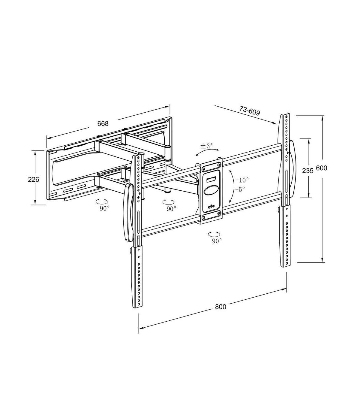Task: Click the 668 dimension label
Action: (103, 124)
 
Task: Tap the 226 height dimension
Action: (33, 179)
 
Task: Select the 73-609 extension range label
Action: (250, 111)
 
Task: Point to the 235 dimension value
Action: (308, 171)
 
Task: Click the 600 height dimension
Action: (322, 168)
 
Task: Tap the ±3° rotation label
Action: (206, 146)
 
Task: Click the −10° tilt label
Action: (242, 180)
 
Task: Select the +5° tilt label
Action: (240, 189)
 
